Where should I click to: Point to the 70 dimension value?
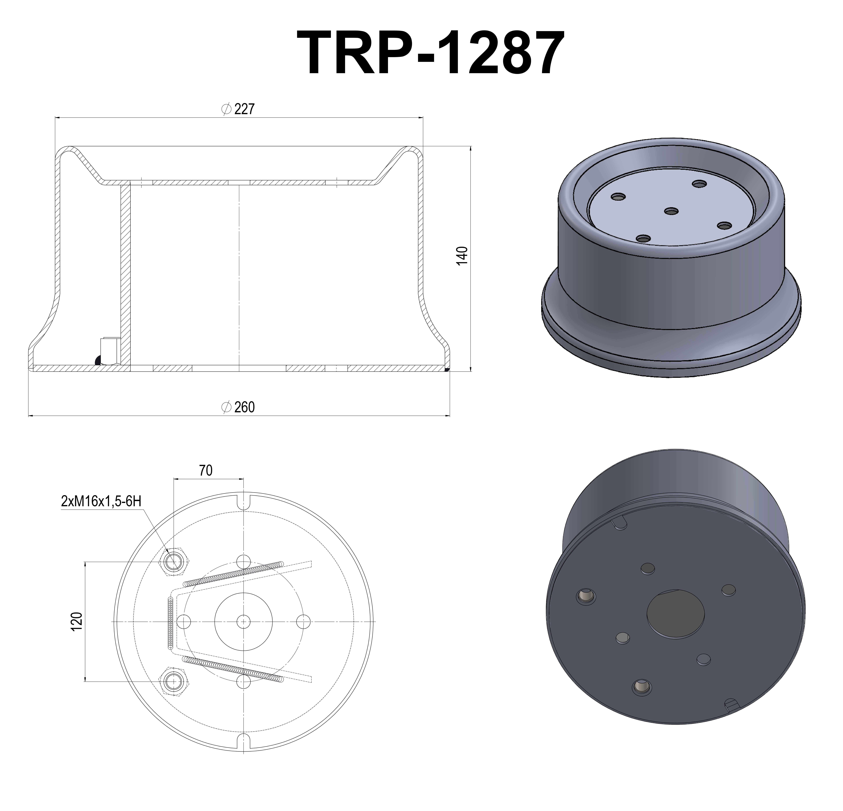pyautogui.click(x=206, y=471)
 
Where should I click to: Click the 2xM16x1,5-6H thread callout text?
pyautogui.click(x=101, y=501)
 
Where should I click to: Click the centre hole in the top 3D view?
pyautogui.click(x=671, y=211)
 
